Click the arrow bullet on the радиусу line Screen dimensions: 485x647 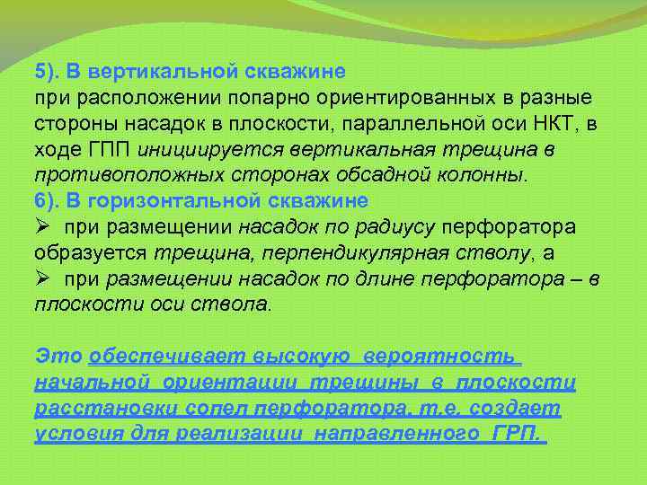coord(42,225)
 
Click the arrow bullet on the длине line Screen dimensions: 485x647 coord(42,278)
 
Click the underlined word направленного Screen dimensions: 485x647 coord(404,435)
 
